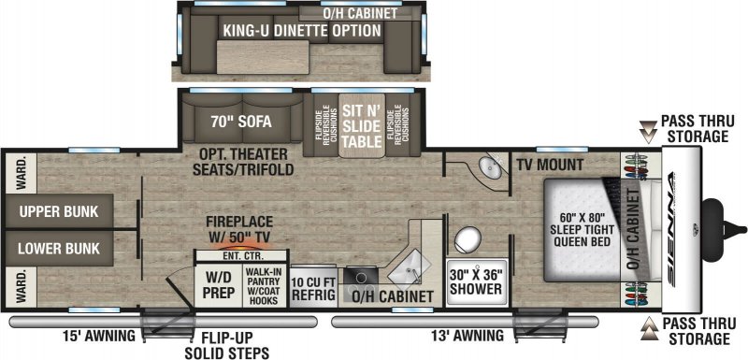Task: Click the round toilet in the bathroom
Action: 467,238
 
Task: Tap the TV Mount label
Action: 550,166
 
